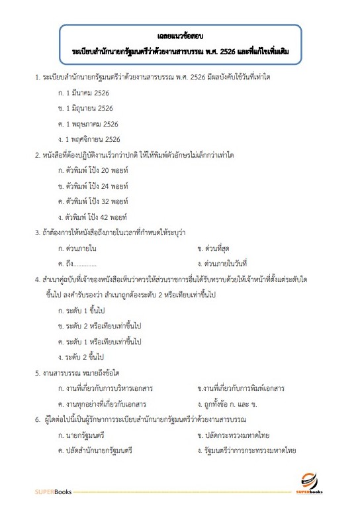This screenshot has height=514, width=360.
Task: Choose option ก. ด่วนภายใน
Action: click(78, 248)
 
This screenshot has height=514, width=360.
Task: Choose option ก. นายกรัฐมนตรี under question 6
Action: click(82, 435)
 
